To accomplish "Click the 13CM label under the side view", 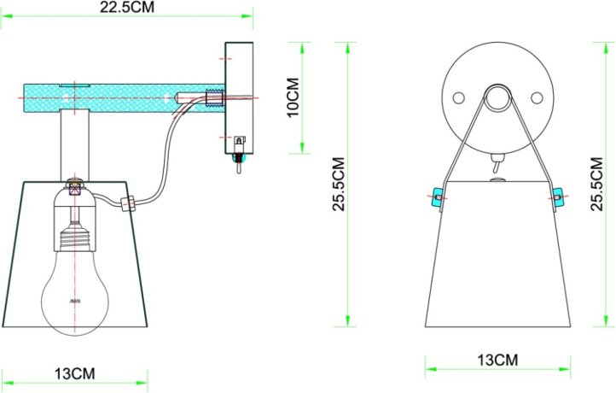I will [75, 374].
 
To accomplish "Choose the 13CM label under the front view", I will [496, 361].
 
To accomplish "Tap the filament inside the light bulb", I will [75, 302].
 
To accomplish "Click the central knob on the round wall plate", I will [497, 97].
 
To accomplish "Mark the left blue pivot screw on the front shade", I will [438, 197].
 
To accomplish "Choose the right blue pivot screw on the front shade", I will [557, 197].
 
